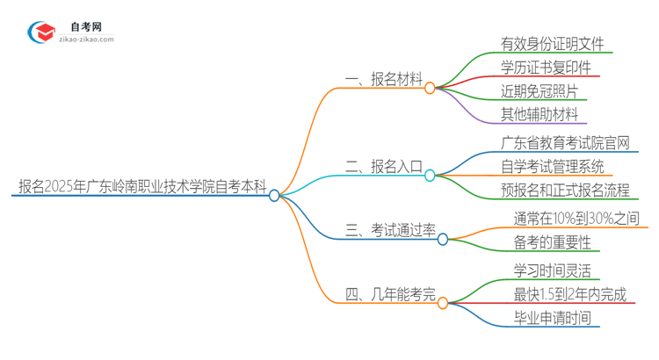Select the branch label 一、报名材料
pos(383,79)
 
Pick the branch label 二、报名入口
pos(383,166)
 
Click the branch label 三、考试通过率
pos(390,230)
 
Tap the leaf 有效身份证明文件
pos(552,44)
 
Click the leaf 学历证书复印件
pos(545,68)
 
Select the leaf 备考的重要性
pos(551,241)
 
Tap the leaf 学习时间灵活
pos(552,270)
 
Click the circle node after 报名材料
pos(430,88)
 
